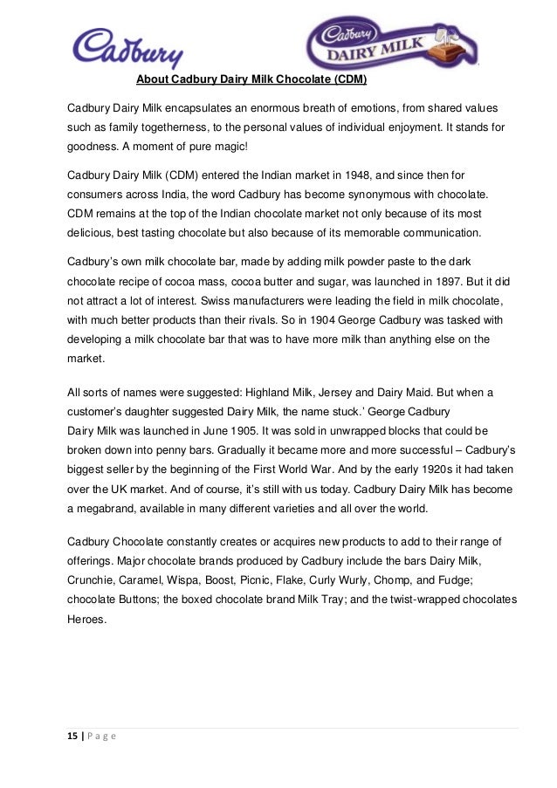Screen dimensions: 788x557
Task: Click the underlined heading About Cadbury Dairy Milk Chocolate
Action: (x=251, y=83)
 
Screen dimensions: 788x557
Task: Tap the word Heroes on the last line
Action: (x=87, y=620)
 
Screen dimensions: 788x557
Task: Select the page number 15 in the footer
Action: (x=72, y=736)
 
